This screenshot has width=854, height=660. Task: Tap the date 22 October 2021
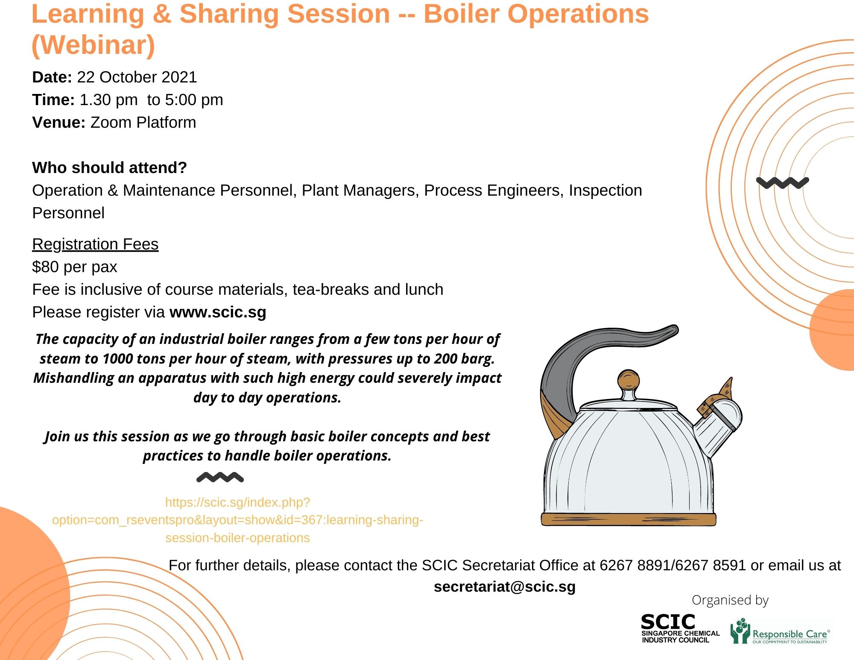click(137, 77)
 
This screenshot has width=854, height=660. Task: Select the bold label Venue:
click(59, 123)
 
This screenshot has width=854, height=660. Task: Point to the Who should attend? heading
click(109, 168)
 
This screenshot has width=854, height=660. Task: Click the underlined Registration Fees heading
click(95, 244)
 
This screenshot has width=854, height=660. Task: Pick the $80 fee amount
click(46, 267)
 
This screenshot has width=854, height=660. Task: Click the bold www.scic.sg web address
click(218, 312)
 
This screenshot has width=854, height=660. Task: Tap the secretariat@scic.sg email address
click(504, 587)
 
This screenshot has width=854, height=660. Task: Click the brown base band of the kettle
click(628, 519)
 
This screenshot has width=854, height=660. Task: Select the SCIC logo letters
click(668, 622)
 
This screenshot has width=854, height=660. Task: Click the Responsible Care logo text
click(790, 634)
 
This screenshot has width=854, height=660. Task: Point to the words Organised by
click(730, 600)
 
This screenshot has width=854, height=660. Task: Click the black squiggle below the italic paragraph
click(220, 477)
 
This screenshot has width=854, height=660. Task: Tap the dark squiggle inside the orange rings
click(782, 183)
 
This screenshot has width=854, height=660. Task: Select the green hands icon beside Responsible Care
click(740, 631)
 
